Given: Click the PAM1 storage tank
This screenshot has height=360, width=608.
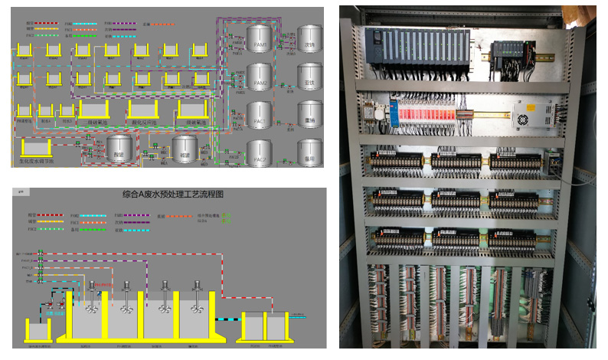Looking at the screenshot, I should [x=261, y=38].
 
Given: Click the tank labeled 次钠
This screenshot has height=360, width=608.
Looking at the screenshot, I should [x=310, y=38].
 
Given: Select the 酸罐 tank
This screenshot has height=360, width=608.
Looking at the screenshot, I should [x=119, y=148].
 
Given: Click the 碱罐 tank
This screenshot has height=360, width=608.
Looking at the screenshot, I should [x=185, y=148].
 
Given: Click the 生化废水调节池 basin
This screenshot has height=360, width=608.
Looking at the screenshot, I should [x=36, y=149].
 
